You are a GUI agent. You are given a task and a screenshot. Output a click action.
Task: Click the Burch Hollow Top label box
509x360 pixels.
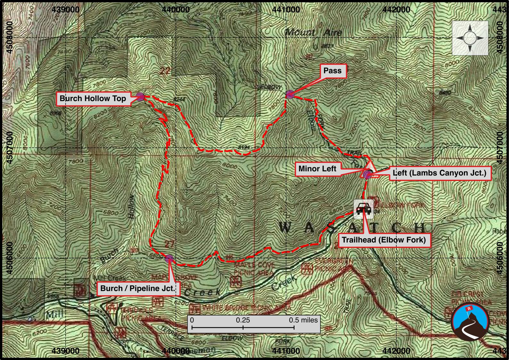(x=93, y=98)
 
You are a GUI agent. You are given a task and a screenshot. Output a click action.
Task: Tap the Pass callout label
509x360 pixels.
(x=332, y=71)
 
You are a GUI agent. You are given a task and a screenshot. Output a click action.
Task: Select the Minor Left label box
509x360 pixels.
(x=317, y=169)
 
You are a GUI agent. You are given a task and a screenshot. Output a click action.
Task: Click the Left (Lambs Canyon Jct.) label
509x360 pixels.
(x=439, y=173)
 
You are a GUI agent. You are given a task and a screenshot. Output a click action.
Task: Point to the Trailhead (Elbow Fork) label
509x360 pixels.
(x=384, y=240)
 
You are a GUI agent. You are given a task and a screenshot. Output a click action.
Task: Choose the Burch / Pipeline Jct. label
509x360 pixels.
(x=138, y=288)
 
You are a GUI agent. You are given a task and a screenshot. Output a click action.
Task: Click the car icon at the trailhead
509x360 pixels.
(x=363, y=209)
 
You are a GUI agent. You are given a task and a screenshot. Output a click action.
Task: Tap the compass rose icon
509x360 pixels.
(x=470, y=38)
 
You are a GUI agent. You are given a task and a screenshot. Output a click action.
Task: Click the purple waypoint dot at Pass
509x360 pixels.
(x=290, y=94)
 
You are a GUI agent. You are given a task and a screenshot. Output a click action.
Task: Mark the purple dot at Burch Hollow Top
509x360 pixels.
(x=140, y=96)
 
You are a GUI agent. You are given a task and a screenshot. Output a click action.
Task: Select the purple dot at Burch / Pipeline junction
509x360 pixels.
(x=169, y=258)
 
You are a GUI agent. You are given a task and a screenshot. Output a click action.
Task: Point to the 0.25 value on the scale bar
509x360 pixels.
(x=243, y=320)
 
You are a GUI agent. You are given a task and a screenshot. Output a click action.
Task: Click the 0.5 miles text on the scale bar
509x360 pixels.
(x=303, y=320)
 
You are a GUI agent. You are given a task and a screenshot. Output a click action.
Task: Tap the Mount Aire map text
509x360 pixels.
(x=313, y=32)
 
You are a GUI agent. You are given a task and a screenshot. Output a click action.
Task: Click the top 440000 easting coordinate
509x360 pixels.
(x=176, y=10)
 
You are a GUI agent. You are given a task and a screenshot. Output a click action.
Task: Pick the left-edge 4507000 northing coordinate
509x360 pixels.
(x=10, y=147)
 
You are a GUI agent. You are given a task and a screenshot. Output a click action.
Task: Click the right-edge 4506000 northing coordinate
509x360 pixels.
(x=500, y=258)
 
